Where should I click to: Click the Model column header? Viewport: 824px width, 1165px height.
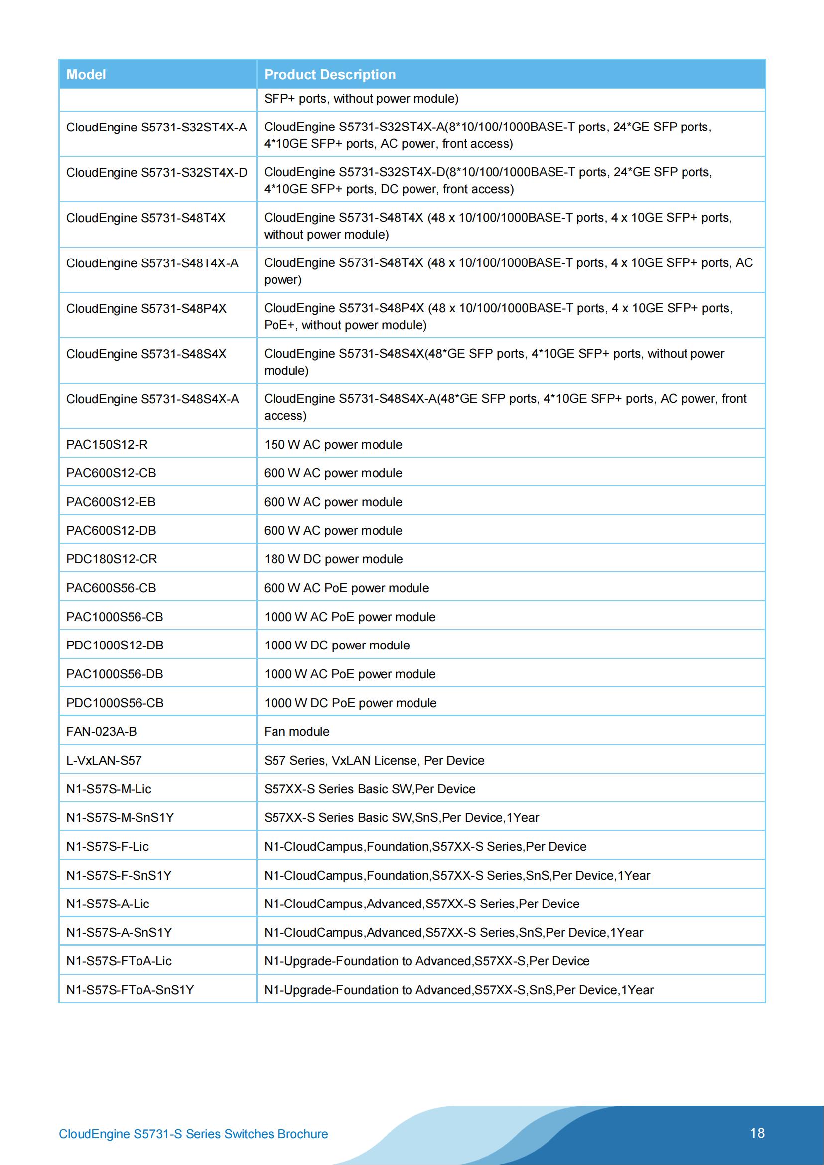tap(86, 75)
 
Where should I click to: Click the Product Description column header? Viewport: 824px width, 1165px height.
tap(330, 75)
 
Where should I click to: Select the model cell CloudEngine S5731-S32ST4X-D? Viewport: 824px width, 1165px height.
tap(157, 172)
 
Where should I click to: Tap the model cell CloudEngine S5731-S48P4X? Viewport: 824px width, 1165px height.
tap(146, 308)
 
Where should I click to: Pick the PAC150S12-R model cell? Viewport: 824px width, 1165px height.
tap(107, 444)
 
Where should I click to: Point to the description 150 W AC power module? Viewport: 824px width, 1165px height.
tap(333, 444)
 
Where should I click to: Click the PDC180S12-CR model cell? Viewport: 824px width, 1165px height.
tap(112, 559)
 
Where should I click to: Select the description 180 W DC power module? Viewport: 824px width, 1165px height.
tap(333, 559)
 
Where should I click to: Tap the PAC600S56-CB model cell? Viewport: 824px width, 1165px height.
tap(111, 588)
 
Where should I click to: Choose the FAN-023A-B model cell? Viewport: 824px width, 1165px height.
tap(102, 731)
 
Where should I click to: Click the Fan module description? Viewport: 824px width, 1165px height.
tap(297, 731)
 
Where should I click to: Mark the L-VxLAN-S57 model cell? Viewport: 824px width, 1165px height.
tap(104, 760)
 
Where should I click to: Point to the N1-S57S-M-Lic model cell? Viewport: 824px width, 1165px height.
tap(109, 789)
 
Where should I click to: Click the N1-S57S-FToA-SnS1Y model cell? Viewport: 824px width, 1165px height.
tap(130, 990)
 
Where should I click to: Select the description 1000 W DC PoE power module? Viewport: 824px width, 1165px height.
tap(350, 703)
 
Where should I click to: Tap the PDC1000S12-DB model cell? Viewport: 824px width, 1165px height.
tap(115, 646)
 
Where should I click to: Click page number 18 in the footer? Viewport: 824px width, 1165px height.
tap(757, 1133)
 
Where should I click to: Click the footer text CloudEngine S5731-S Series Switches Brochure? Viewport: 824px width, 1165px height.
tap(193, 1134)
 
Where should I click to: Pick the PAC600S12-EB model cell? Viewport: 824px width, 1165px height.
tap(111, 502)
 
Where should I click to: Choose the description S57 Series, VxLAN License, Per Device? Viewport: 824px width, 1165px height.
tap(374, 760)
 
